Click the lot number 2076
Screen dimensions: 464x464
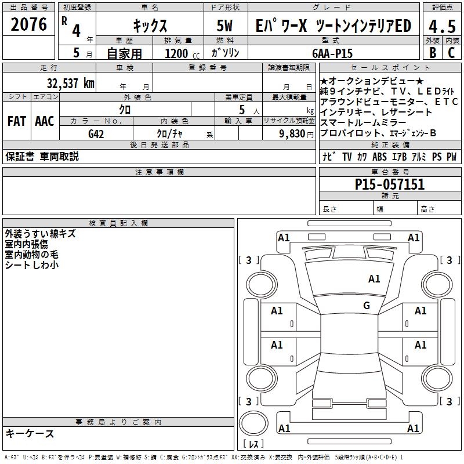[28, 24]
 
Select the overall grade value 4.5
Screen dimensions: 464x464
[442, 26]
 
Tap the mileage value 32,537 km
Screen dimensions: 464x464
[70, 83]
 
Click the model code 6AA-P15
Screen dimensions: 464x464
[332, 53]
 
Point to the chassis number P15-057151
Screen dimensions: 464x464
[390, 184]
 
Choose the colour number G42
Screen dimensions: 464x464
[96, 134]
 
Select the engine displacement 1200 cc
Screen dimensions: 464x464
[182, 54]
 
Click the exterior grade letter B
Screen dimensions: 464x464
[433, 53]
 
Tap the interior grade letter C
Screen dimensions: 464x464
[451, 53]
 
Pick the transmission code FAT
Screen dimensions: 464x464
[17, 121]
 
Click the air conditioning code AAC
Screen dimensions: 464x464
[45, 121]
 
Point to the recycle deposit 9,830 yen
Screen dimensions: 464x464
[296, 134]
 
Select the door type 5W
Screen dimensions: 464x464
[224, 26]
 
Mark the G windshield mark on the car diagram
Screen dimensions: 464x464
[367, 305]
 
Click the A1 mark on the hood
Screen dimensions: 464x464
[374, 278]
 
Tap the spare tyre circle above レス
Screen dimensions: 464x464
[253, 423]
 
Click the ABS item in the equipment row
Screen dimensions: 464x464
[379, 157]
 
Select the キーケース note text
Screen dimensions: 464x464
[30, 434]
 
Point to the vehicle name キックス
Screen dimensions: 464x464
[150, 26]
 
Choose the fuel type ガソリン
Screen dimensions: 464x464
[225, 53]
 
